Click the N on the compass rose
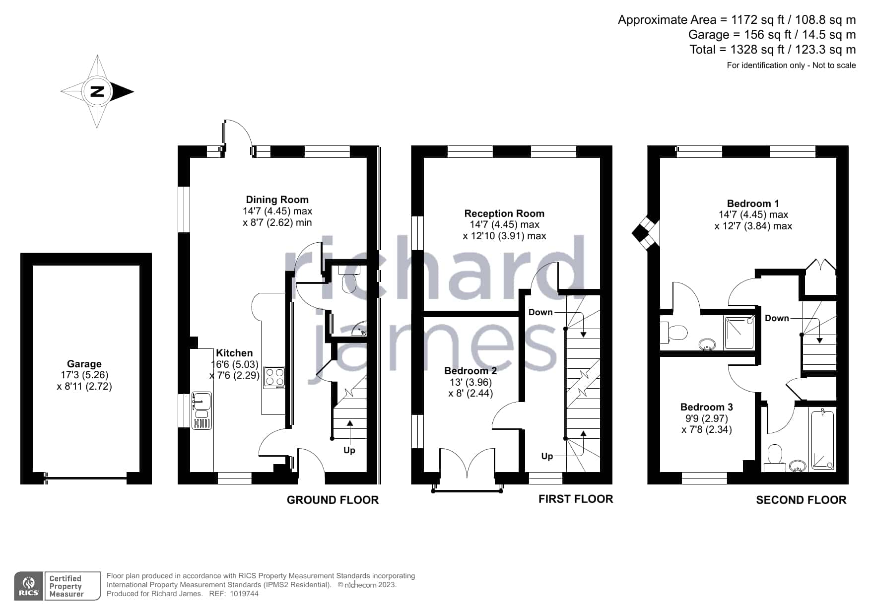(98, 91)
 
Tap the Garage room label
(84, 364)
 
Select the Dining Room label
(277, 200)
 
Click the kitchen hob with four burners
(274, 377)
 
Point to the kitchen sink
(201, 411)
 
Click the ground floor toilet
(348, 279)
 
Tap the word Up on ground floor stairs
(349, 450)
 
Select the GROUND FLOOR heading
(333, 500)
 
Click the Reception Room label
(504, 213)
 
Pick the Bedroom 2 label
(470, 371)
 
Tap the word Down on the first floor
(540, 312)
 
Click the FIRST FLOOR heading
(576, 499)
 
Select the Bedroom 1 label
(753, 204)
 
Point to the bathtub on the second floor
(822, 439)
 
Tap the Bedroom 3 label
(707, 407)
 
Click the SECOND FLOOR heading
(801, 500)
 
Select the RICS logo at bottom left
(28, 586)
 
